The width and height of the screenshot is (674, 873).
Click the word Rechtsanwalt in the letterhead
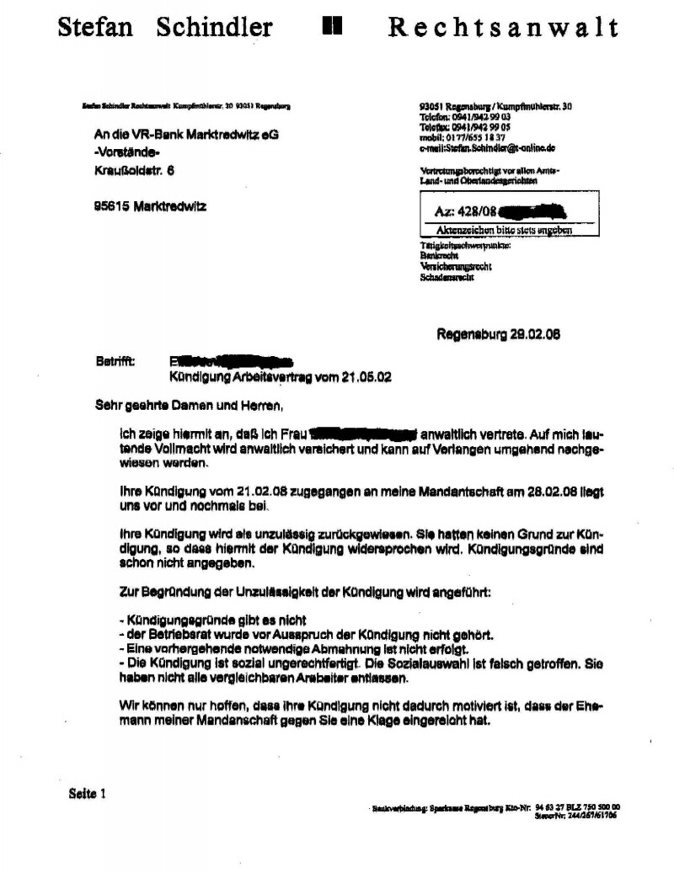(x=503, y=27)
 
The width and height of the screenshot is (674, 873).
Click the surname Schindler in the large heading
(x=214, y=27)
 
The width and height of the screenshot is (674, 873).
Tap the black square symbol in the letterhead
(x=331, y=27)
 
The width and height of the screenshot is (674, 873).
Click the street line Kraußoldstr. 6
(x=135, y=170)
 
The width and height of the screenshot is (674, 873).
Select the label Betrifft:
(x=115, y=360)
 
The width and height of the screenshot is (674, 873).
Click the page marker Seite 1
(x=88, y=792)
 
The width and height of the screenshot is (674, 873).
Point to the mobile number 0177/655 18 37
(x=474, y=137)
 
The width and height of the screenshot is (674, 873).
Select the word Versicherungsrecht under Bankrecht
(x=455, y=266)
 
